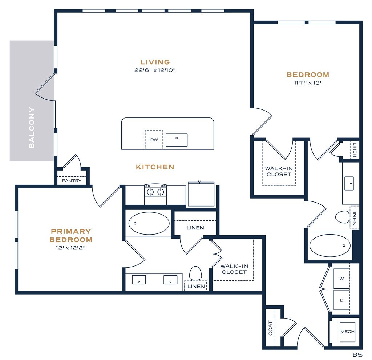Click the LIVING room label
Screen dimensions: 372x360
(x=155, y=62)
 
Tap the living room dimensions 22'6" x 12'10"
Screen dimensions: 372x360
(x=155, y=70)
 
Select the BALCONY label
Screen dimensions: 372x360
(x=32, y=128)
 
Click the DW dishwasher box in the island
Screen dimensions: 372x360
(x=154, y=140)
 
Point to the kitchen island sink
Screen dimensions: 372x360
(x=177, y=140)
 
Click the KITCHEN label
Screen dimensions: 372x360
(x=155, y=167)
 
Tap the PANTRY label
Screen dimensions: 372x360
(x=72, y=181)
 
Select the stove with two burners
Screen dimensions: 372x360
(x=155, y=194)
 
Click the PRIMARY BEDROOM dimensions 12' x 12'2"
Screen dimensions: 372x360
(x=71, y=248)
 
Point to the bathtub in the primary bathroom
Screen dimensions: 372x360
(x=149, y=224)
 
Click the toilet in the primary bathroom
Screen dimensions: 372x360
(x=195, y=273)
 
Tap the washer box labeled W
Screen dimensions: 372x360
(x=341, y=279)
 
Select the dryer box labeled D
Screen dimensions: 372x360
(x=341, y=300)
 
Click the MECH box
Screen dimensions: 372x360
(x=347, y=332)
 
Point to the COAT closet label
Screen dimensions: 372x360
(x=270, y=328)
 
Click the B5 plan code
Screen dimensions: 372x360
(x=357, y=355)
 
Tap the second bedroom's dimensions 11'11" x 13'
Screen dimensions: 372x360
(x=308, y=83)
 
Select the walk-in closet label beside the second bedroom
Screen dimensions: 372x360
(x=279, y=171)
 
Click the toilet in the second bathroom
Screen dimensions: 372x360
(x=342, y=217)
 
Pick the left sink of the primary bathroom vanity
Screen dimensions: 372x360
(x=139, y=280)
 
